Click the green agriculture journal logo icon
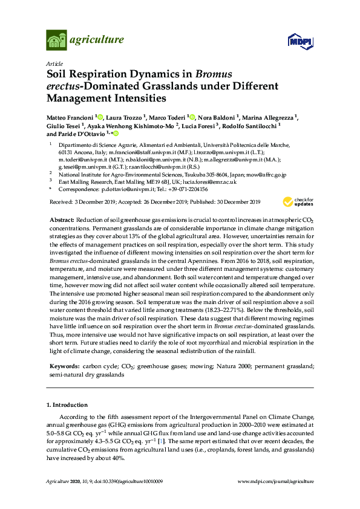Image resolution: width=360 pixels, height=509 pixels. pos(56,41)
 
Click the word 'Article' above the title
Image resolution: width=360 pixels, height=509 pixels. pos(54,63)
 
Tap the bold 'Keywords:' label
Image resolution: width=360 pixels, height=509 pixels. pos(64,366)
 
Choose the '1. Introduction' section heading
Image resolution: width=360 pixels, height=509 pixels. pos(67,404)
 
